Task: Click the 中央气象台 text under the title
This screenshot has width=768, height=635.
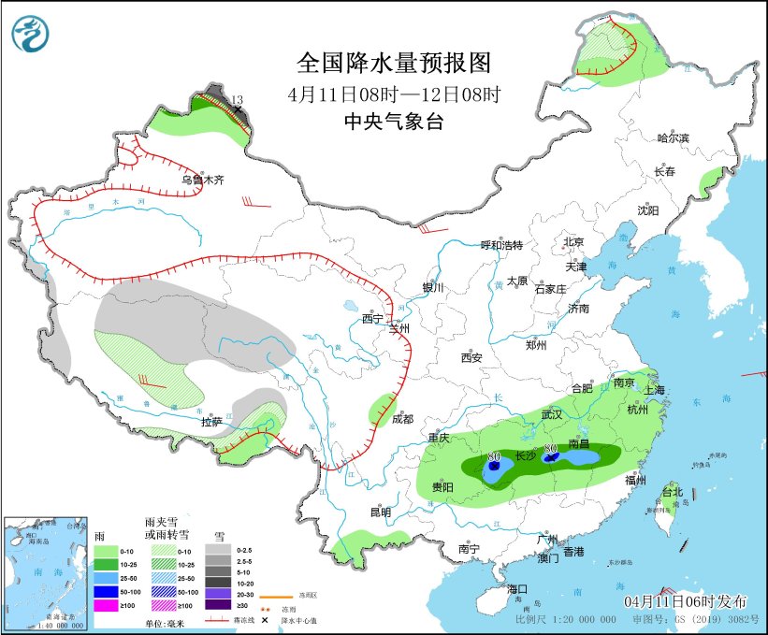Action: tap(393, 122)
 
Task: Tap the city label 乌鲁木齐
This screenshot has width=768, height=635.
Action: tap(203, 180)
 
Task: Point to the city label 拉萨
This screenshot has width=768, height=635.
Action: tap(211, 421)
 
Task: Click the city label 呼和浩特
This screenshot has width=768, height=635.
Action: tap(501, 245)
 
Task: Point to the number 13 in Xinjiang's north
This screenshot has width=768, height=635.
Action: tap(237, 100)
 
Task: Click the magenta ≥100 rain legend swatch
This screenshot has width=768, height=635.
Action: tap(107, 607)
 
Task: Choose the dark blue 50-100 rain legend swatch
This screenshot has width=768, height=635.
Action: tap(107, 592)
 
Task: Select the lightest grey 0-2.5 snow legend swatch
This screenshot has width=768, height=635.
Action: tap(216, 551)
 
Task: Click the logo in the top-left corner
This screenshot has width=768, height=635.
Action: tap(31, 33)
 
